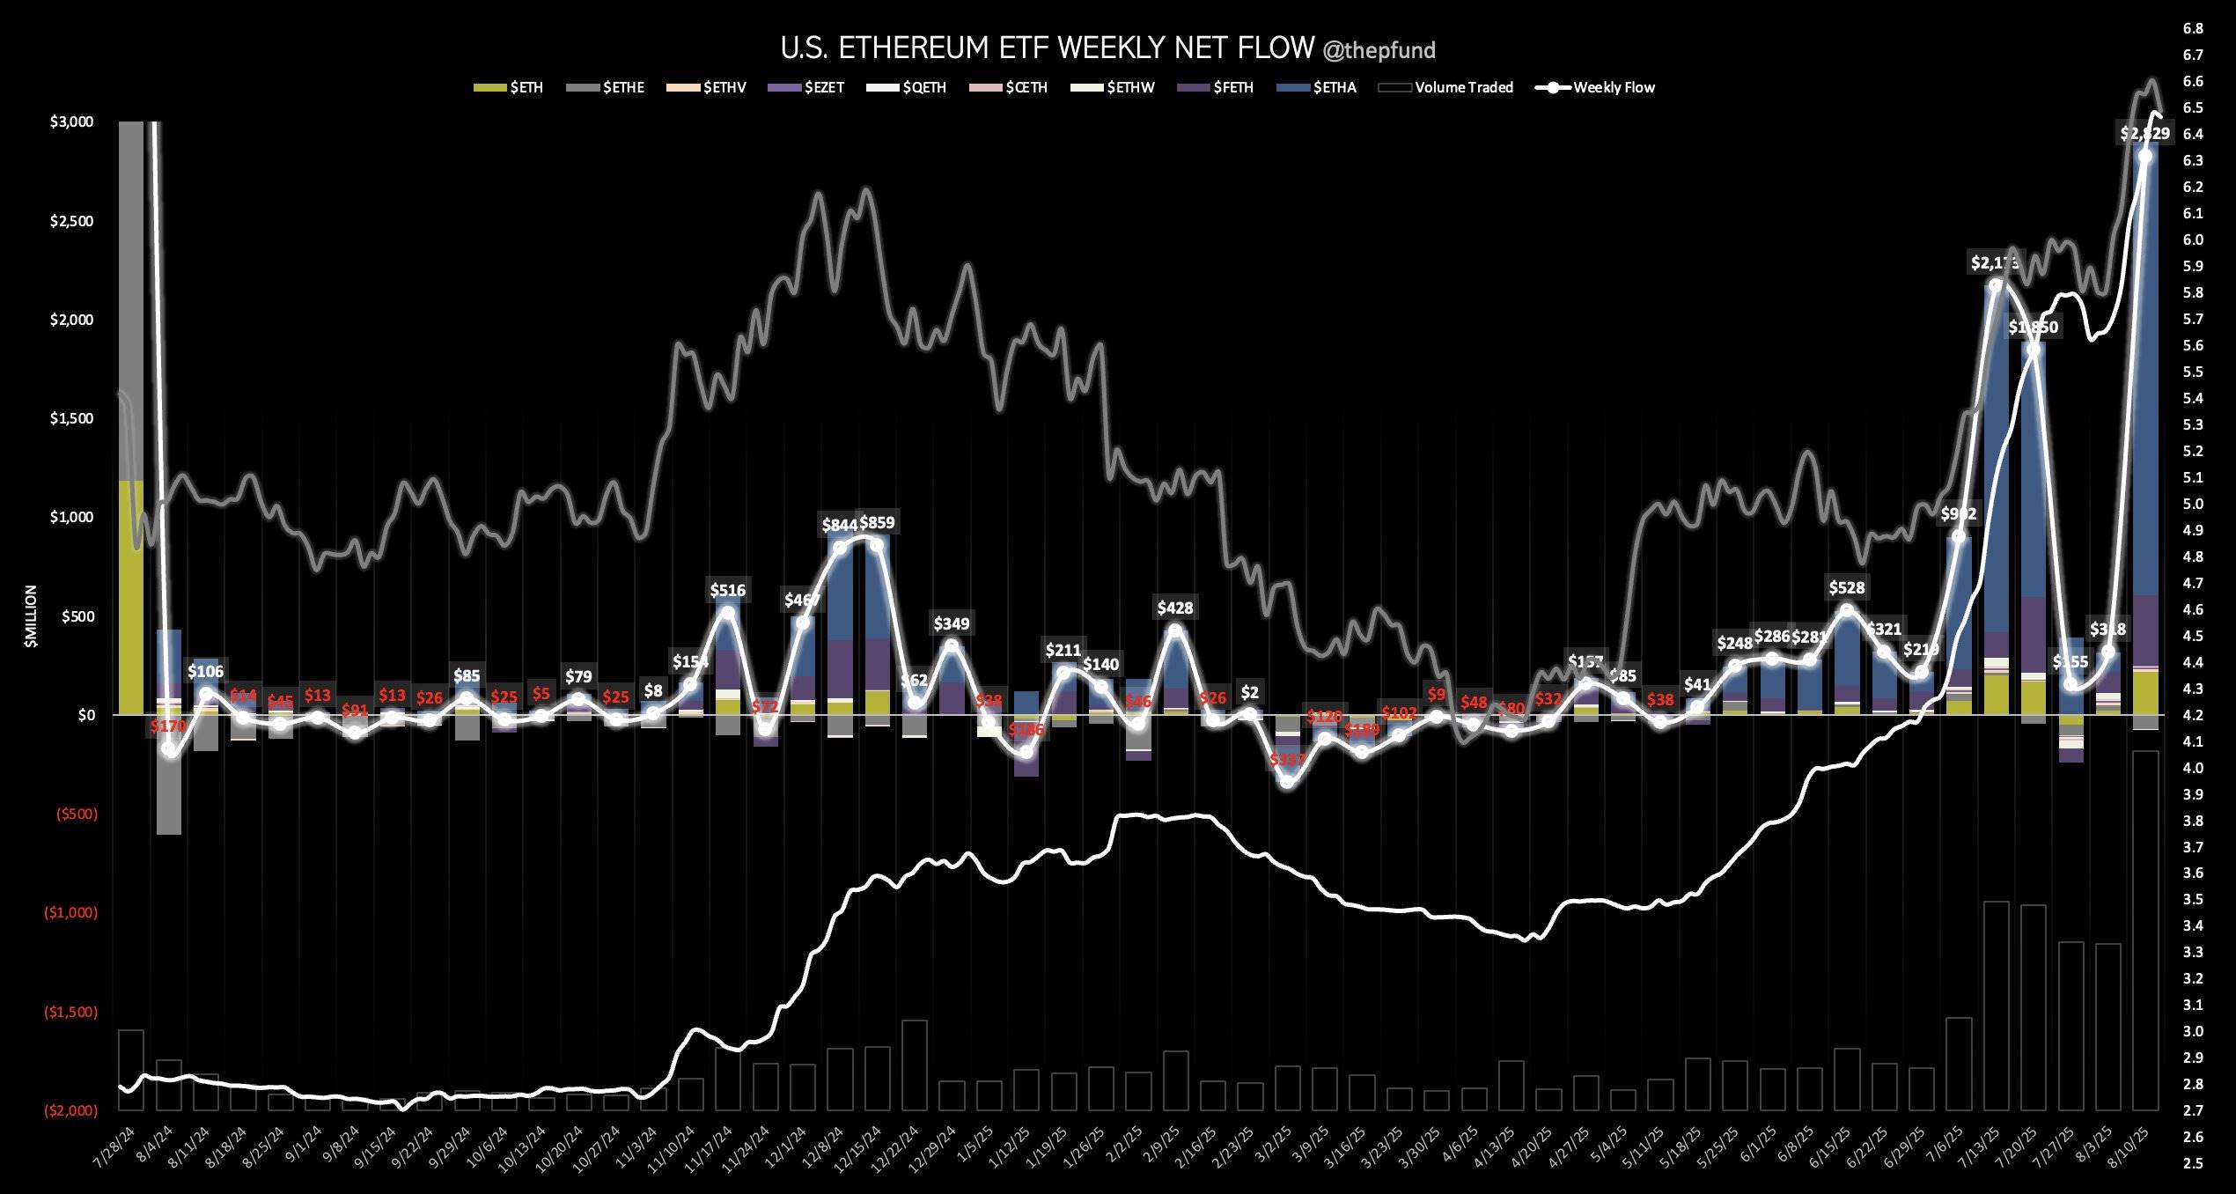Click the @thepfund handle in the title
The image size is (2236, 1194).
click(1379, 50)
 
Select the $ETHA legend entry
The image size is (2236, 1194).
click(1334, 87)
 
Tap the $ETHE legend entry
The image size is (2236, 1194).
click(623, 87)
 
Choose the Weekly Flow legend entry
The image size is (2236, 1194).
click(1613, 87)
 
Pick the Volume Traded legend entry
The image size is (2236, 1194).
click(1463, 87)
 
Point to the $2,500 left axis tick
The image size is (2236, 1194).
click(71, 221)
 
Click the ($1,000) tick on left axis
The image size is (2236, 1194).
click(70, 913)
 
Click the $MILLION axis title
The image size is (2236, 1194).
click(32, 616)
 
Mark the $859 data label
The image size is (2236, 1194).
click(877, 523)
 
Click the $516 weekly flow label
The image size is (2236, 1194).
click(728, 590)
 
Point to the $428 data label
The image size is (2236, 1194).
click(1175, 608)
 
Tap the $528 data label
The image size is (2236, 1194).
click(1847, 587)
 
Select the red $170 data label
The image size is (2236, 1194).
click(168, 726)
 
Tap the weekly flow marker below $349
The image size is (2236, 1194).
click(951, 645)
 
